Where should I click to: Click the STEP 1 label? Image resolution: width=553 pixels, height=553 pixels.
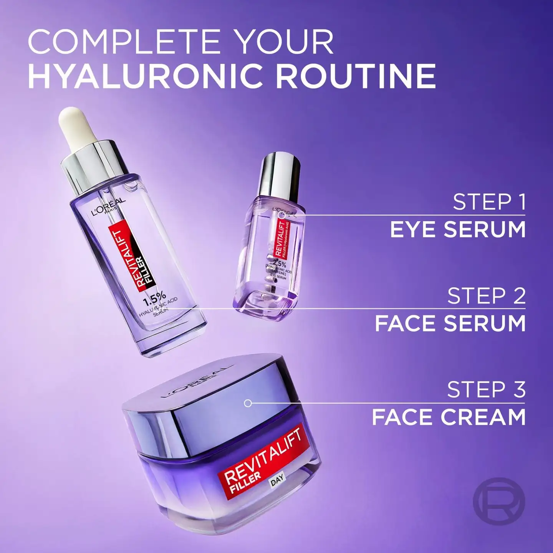489,202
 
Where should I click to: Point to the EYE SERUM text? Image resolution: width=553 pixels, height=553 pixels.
458,230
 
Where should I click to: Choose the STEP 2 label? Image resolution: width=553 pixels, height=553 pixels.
486,296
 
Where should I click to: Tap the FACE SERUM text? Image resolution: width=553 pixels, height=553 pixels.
450,323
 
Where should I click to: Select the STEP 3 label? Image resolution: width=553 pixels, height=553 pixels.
486,390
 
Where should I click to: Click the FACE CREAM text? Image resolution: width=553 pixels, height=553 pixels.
449,417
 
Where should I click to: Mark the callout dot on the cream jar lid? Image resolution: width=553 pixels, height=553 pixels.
248,403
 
